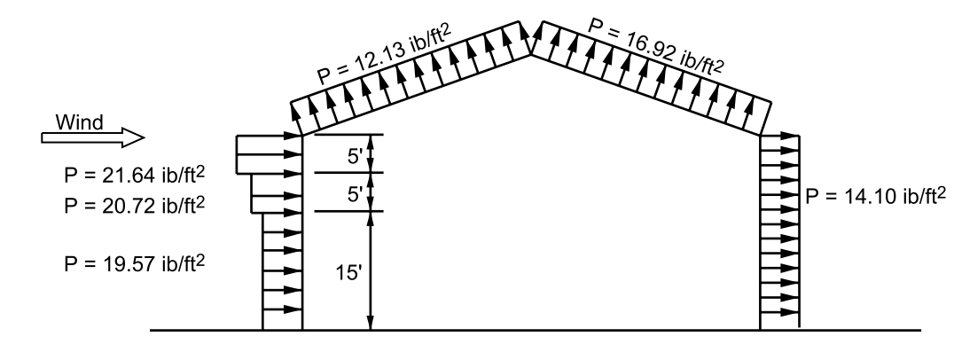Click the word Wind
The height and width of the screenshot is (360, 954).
point(78,121)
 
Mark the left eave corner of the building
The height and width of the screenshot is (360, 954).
point(303,135)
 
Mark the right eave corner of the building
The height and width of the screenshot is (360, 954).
point(762,135)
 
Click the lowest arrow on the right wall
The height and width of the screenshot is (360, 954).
point(780,309)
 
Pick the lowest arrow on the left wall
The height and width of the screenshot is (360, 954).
point(284,309)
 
